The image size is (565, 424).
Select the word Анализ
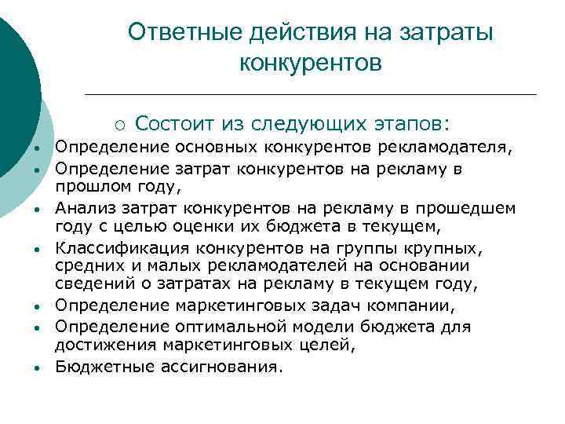[82, 208]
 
